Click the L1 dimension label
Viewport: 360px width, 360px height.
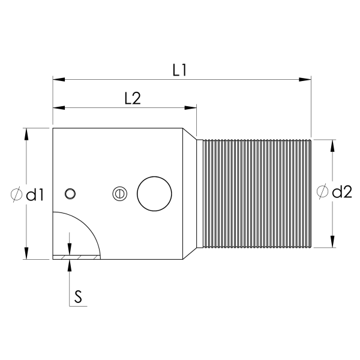[x=179, y=70]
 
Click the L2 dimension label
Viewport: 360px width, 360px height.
[x=132, y=99]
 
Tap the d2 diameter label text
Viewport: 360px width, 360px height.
[x=341, y=192]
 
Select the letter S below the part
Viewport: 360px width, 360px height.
[x=78, y=295]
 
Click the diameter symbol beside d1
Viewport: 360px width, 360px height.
[x=17, y=194]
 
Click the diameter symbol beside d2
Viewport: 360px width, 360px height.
[x=323, y=192]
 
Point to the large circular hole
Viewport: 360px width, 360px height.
[x=155, y=194]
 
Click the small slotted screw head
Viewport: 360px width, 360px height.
[x=119, y=194]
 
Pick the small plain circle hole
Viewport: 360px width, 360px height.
[x=71, y=193]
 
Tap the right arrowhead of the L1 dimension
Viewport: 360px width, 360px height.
[x=307, y=79]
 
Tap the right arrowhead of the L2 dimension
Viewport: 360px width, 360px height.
[x=192, y=108]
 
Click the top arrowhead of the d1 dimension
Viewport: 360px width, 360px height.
[x=26, y=133]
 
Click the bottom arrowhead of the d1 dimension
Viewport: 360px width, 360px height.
[x=26, y=254]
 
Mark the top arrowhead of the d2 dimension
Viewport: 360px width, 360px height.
[x=332, y=145]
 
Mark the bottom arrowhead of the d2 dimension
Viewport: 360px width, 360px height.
[x=332, y=242]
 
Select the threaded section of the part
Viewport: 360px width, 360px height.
[x=255, y=194]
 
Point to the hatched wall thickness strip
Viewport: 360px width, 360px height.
[x=76, y=257]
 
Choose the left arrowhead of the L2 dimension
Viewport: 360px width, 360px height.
[x=58, y=108]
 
